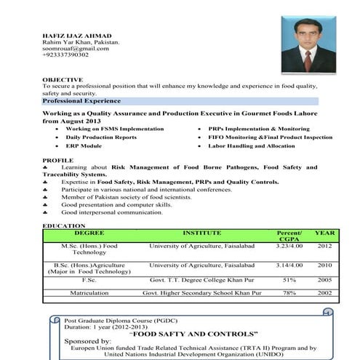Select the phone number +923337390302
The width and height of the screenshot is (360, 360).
(x=65, y=55)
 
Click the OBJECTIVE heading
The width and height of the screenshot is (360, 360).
(x=63, y=79)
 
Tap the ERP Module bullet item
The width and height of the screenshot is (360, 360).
(x=84, y=146)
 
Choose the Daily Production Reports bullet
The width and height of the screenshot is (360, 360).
(x=101, y=137)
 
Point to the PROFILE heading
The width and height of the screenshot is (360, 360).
(x=58, y=159)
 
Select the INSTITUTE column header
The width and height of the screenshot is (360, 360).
(x=201, y=233)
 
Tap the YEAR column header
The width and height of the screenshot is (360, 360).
(x=324, y=233)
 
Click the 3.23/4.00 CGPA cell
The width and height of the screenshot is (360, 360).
(x=289, y=247)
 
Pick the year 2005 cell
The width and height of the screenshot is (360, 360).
(x=324, y=279)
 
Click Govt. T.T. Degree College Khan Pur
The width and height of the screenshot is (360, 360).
(x=201, y=279)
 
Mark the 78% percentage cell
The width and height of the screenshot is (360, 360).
(x=289, y=292)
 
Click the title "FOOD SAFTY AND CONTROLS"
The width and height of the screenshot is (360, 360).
(x=193, y=333)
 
